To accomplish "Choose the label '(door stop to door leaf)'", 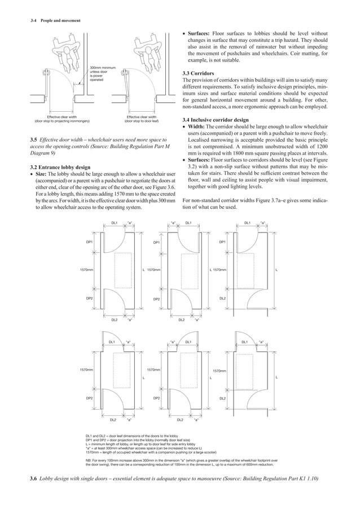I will pos(146,121).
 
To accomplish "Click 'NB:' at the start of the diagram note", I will pos(89,460).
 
